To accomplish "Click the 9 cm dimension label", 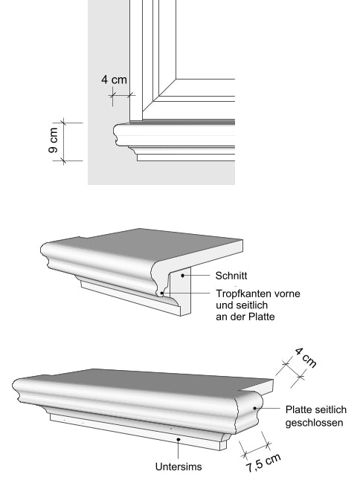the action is click(53, 140).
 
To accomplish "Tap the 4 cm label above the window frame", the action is click(114, 80).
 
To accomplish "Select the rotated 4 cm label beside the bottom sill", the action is click(305, 357).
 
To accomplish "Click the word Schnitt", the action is click(231, 276).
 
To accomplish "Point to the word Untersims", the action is click(179, 467).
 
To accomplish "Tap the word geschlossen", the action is click(314, 423).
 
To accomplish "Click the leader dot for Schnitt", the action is click(183, 276).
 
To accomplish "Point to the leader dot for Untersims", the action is click(179, 440).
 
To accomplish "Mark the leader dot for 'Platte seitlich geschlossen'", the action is click(254, 408).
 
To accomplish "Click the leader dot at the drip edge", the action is click(162, 293).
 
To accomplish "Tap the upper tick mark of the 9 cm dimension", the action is click(63, 123).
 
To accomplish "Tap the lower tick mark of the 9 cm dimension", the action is click(63, 160).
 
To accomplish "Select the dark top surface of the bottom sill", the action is click(147, 380).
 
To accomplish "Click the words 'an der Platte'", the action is click(245, 317).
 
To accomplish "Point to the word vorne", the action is click(287, 294).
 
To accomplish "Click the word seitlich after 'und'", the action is click(253, 305).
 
